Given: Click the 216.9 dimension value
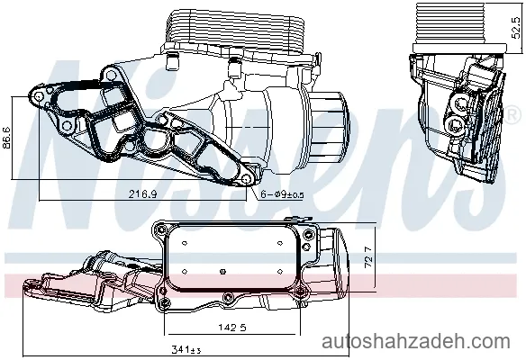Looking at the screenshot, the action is (x=143, y=193).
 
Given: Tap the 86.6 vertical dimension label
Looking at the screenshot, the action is (x=6, y=138).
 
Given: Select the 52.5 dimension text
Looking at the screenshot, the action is (x=517, y=28).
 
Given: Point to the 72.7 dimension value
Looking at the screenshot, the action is (x=368, y=257).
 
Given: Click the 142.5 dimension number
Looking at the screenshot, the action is (x=232, y=327).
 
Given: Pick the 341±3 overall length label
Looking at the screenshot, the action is (x=186, y=350).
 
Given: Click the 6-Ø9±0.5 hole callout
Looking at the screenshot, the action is (x=283, y=194).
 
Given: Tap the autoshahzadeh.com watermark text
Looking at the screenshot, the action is (x=416, y=342).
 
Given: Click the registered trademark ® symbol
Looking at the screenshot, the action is (x=512, y=114).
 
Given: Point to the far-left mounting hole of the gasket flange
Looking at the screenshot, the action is (x=39, y=96).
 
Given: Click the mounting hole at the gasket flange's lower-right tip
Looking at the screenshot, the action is (x=247, y=179).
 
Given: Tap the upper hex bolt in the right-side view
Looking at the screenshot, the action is (x=459, y=103).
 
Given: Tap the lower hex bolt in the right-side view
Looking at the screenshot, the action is (x=456, y=125).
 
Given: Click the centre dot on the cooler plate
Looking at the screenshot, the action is (x=222, y=271).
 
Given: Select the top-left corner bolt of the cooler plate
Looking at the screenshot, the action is (x=162, y=229).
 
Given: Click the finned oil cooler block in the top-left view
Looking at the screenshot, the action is (x=236, y=30).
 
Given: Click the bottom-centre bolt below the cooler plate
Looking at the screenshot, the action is (x=228, y=297).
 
